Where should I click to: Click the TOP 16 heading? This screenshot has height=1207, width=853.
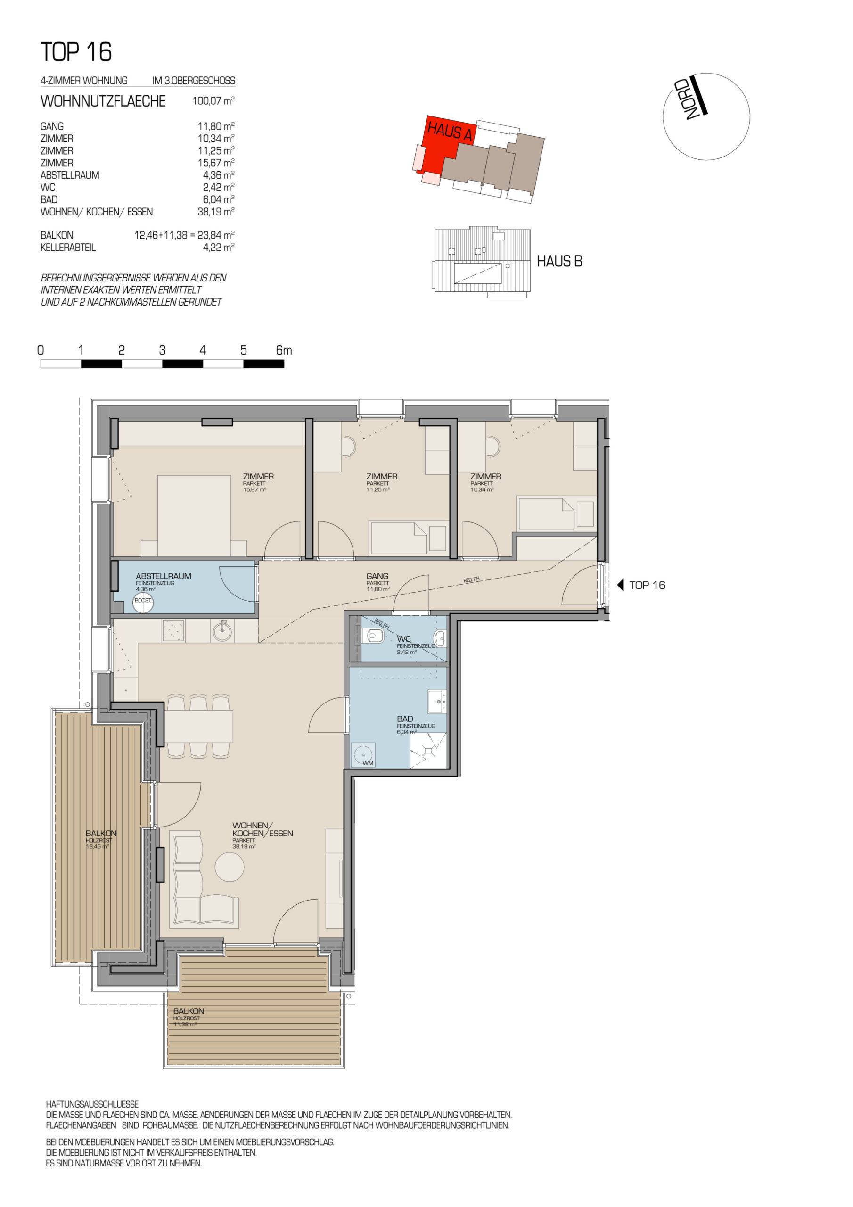tap(76, 52)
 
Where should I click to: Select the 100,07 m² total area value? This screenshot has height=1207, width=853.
tap(213, 100)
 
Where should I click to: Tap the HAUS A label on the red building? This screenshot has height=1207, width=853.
tap(450, 131)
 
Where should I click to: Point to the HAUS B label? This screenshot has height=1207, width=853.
tap(559, 261)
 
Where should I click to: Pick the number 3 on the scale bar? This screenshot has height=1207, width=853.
tap(163, 350)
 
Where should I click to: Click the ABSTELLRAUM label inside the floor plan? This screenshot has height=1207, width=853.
tap(164, 576)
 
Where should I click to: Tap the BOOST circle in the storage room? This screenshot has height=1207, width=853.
tap(143, 603)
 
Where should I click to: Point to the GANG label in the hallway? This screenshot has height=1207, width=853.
tap(377, 576)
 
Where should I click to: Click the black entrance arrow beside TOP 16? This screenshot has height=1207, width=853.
tap(620, 585)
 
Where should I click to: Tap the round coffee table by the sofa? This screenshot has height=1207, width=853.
tap(230, 866)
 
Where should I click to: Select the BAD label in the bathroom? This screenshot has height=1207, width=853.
tap(405, 719)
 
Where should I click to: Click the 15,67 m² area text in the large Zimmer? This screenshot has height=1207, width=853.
tap(254, 489)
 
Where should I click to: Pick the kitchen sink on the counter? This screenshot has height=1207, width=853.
tap(222, 630)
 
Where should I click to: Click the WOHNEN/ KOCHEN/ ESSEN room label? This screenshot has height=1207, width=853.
tap(263, 829)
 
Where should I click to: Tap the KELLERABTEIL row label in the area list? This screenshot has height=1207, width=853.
tap(68, 248)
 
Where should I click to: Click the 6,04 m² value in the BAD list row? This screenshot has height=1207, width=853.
tap(219, 199)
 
